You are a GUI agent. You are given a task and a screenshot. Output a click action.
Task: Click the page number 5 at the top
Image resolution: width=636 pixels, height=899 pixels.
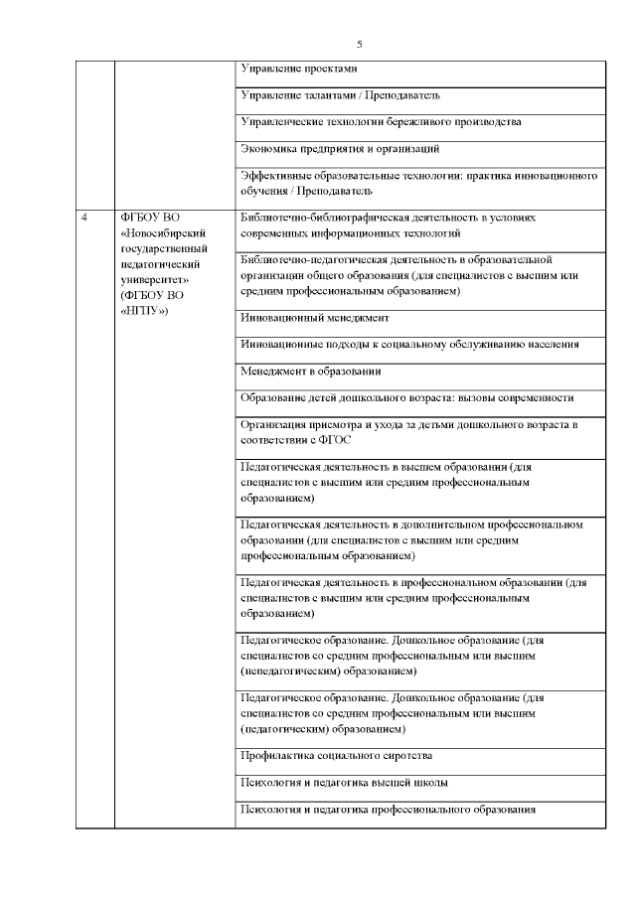pos(360,44)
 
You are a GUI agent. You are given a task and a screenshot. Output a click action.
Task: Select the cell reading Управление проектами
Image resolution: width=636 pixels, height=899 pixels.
pos(298,69)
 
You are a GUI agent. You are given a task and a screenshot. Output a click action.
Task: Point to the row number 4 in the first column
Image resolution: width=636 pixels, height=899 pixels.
pos(84,217)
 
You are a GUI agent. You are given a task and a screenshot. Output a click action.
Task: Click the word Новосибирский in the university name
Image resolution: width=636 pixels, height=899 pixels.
pos(158,232)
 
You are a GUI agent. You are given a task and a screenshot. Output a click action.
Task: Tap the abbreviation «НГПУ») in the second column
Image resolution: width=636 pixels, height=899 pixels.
pos(144,311)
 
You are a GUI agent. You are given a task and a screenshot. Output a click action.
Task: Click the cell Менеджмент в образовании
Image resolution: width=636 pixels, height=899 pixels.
pos(311,371)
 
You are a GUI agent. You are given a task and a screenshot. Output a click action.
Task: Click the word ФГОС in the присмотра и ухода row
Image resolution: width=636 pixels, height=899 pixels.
pos(334,439)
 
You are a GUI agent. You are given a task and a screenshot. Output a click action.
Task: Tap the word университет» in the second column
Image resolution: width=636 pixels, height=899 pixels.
pos(149,280)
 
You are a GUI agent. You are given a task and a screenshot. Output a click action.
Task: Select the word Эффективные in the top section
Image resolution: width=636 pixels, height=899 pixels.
pos(274,175)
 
